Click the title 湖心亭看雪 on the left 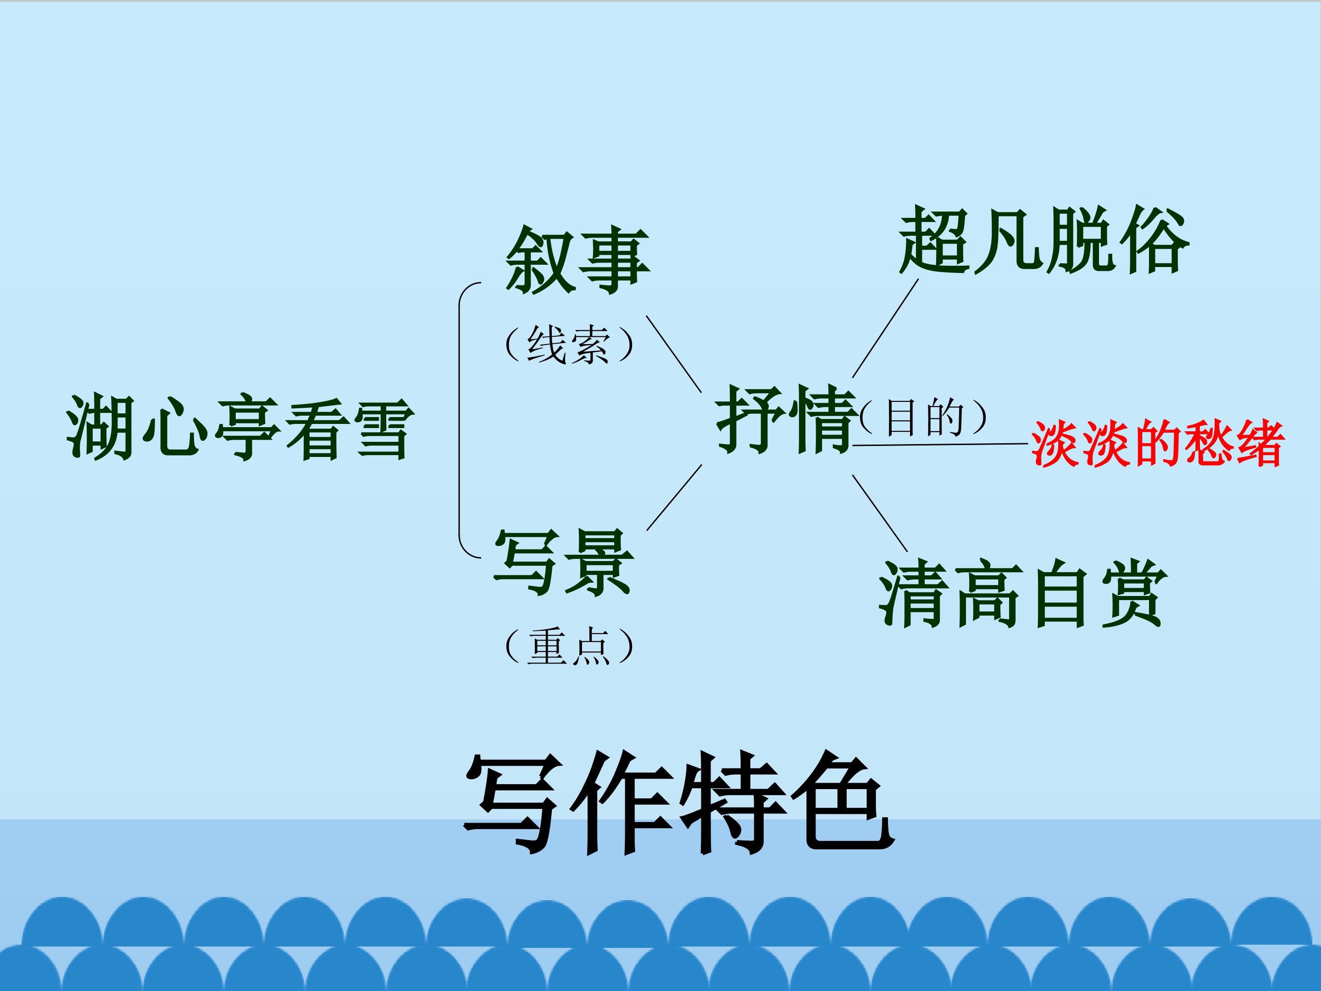pyautogui.click(x=240, y=428)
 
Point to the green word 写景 pyautogui.click(x=563, y=562)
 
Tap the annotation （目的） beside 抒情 pyautogui.click(x=923, y=417)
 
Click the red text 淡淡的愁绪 pyautogui.click(x=1157, y=443)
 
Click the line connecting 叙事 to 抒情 pyautogui.click(x=674, y=354)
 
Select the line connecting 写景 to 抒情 pyautogui.click(x=674, y=498)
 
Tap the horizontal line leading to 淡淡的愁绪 pyautogui.click(x=940, y=445)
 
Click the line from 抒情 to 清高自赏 pyautogui.click(x=880, y=513)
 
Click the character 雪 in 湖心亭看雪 pyautogui.click(x=383, y=429)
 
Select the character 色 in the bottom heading pyautogui.click(x=843, y=803)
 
